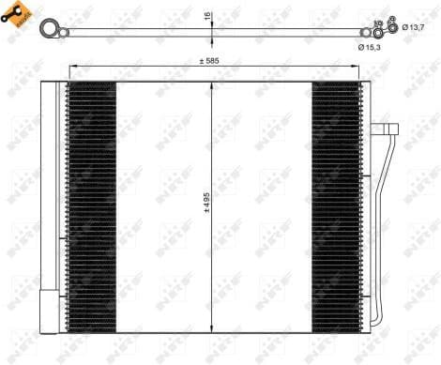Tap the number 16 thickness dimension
(x=208, y=16)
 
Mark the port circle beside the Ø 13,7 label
(x=393, y=27)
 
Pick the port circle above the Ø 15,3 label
(x=378, y=32)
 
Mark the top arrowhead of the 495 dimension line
(x=214, y=84)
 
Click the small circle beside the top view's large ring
(x=63, y=34)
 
